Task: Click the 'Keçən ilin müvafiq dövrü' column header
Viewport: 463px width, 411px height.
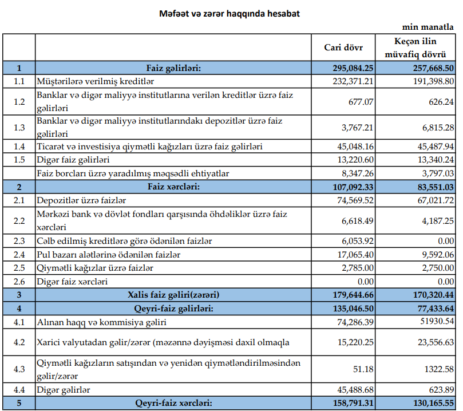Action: pos(420,48)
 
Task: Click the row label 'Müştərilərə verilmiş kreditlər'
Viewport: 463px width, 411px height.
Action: pos(96,81)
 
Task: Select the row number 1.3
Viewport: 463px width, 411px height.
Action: pos(19,127)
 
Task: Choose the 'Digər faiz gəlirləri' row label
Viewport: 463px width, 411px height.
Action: pos(73,160)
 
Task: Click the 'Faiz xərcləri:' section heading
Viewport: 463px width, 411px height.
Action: pos(173,187)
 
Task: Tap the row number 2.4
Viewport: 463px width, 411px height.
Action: pos(19,255)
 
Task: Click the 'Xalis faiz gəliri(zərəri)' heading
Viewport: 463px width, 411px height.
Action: pos(173,295)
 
